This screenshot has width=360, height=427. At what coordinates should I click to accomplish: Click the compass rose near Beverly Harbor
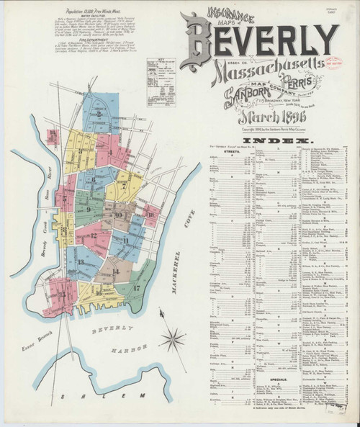tap(173, 336)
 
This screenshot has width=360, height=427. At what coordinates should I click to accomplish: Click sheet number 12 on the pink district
tap(94, 235)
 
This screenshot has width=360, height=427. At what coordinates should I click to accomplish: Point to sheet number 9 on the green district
tap(88, 209)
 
